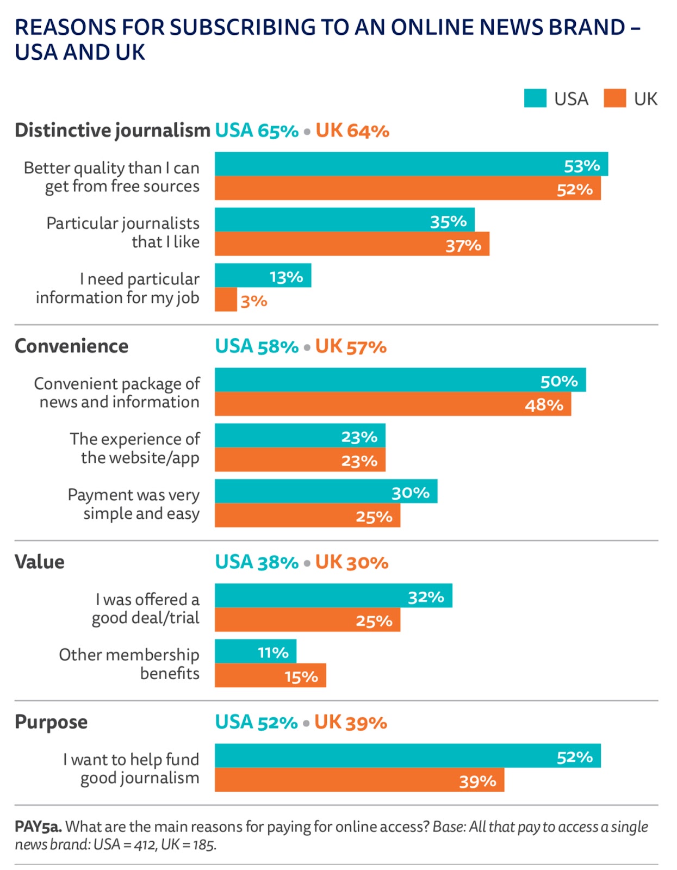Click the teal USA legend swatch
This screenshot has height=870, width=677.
click(x=535, y=98)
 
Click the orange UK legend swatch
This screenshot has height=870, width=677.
click(x=615, y=98)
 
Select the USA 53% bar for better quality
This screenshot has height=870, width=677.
click(x=411, y=164)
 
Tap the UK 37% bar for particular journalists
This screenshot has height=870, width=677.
click(x=352, y=244)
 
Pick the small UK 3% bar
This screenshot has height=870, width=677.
click(x=226, y=300)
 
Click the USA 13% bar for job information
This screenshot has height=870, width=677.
click(x=263, y=276)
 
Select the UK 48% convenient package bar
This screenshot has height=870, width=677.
click(x=393, y=404)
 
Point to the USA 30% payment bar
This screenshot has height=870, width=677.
click(x=326, y=492)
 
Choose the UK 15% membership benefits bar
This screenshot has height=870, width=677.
click(x=270, y=675)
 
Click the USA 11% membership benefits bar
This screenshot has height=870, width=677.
click(x=255, y=651)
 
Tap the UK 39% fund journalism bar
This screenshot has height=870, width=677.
click(x=359, y=780)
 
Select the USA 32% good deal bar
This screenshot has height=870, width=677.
click(x=333, y=596)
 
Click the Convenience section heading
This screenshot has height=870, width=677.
click(x=71, y=346)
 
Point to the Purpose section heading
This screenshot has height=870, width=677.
click(x=51, y=722)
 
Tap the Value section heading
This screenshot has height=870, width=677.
click(x=40, y=562)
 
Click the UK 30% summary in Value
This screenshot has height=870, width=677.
click(x=352, y=562)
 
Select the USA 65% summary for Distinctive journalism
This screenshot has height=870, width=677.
click(x=257, y=131)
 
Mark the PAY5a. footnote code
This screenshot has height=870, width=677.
click(x=38, y=827)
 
